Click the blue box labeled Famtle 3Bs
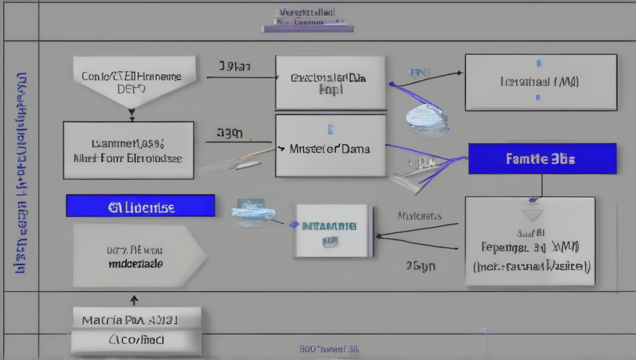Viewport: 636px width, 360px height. pos(542,159)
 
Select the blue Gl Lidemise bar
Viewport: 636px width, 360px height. pos(140,205)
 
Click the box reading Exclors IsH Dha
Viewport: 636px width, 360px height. pos(330,83)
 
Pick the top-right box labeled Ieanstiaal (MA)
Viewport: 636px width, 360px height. pos(540,82)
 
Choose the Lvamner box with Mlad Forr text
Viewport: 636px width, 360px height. pos(129,150)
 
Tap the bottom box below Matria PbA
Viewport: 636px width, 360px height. pos(136,341)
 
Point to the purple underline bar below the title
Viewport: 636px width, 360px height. pos(307,29)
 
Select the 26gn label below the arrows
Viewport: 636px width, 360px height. pos(420,266)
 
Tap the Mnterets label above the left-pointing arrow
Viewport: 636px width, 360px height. pos(419,216)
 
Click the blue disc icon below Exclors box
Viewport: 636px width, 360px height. pos(427,118)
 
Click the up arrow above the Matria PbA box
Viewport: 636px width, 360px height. pos(134,300)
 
